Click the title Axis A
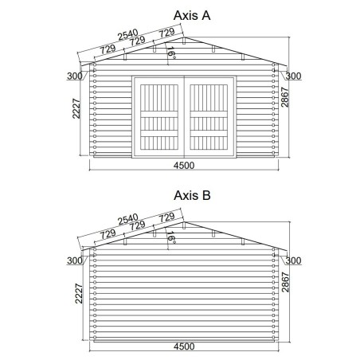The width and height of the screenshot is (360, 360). pyautogui.click(x=192, y=15)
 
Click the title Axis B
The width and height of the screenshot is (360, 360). pyautogui.click(x=192, y=196)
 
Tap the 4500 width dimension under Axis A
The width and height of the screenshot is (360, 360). pyautogui.click(x=184, y=166)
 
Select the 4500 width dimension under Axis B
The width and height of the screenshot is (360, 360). pyautogui.click(x=184, y=346)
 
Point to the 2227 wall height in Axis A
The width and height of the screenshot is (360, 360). pyautogui.click(x=76, y=108)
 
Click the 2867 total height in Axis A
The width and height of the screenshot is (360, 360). pyautogui.click(x=285, y=97)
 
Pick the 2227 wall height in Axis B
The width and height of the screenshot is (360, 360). pyautogui.click(x=79, y=293)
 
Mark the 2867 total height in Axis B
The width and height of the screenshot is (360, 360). pyautogui.click(x=285, y=282)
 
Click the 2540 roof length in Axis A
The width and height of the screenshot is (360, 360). pyautogui.click(x=128, y=35)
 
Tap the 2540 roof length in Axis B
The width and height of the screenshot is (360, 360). pyautogui.click(x=128, y=220)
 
